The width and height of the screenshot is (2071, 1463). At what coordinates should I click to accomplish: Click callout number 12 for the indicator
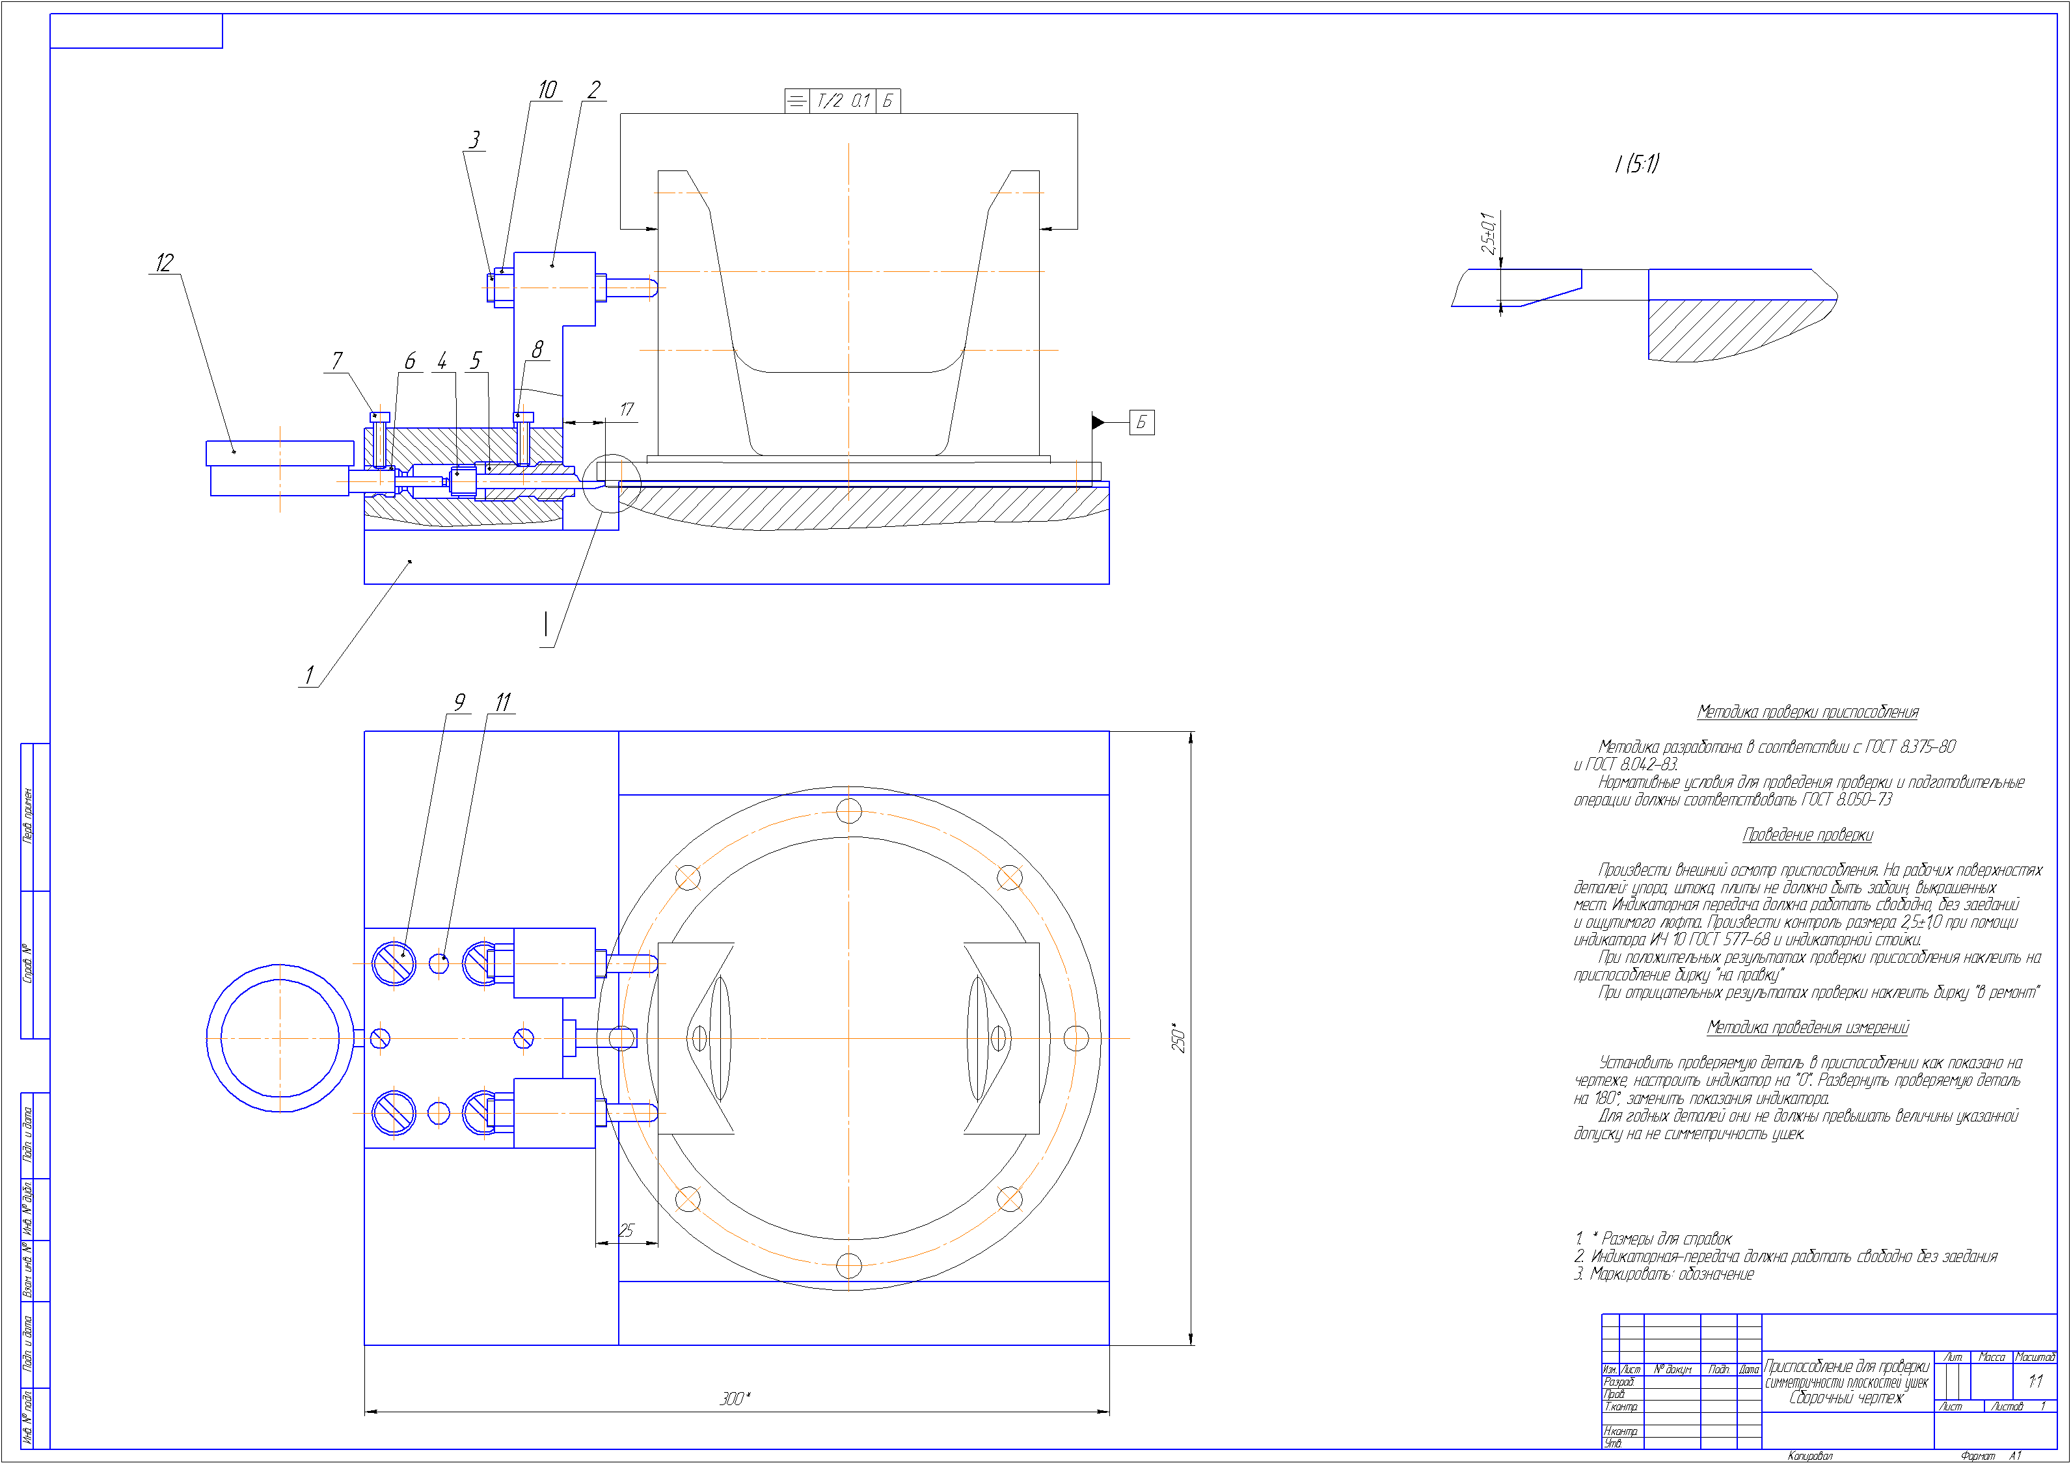click(164, 262)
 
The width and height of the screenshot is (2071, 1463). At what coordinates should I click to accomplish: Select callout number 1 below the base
click(310, 675)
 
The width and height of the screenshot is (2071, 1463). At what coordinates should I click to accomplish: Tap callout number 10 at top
click(547, 90)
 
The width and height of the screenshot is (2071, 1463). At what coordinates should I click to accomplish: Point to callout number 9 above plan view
click(459, 702)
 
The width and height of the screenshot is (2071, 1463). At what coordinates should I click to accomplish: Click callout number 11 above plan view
click(502, 702)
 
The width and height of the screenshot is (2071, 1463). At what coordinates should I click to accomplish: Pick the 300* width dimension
click(734, 1398)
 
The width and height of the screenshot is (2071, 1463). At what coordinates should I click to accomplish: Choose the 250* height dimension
click(1178, 1038)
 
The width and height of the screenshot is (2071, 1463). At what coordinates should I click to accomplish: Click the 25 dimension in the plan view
click(626, 1230)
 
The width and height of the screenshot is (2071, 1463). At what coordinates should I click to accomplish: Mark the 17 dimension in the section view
click(626, 409)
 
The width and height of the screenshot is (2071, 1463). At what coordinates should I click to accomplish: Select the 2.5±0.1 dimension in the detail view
click(1487, 233)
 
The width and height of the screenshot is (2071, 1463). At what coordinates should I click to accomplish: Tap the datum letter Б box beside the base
click(1141, 422)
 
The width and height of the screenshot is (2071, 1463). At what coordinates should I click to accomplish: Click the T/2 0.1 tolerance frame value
click(843, 101)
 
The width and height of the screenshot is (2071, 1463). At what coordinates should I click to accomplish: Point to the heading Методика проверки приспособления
click(1807, 712)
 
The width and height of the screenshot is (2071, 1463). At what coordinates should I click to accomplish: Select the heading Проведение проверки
click(1807, 835)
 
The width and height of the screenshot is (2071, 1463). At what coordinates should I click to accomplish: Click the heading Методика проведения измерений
click(1807, 1027)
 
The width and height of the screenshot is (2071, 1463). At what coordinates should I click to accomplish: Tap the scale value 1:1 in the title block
click(2035, 1381)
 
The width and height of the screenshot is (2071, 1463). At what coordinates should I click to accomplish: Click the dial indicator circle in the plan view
click(280, 1038)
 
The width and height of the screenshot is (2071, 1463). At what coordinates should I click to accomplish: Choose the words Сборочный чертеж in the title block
click(1845, 1398)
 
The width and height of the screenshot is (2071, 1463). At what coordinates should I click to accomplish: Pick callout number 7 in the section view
click(336, 361)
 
